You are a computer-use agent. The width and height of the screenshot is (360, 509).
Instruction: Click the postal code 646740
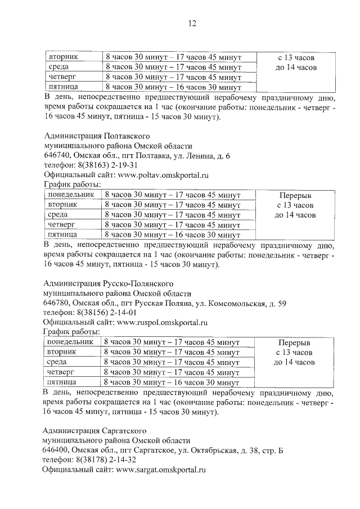point(56,156)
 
